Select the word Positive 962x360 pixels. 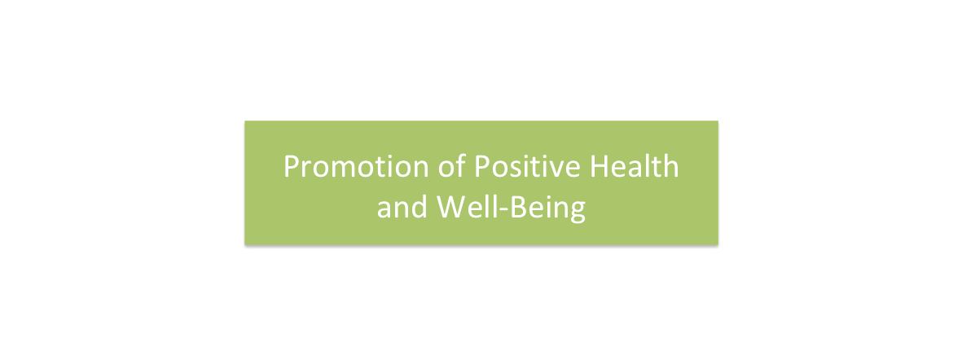(x=528, y=165)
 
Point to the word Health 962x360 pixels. (x=635, y=165)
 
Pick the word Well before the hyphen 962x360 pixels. (x=464, y=207)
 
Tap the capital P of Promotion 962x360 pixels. (x=292, y=166)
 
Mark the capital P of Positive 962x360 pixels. (x=483, y=166)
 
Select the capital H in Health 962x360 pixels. (x=599, y=166)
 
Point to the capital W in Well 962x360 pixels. (x=450, y=208)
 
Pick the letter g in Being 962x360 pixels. (x=578, y=213)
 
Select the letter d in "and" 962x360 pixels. (x=419, y=207)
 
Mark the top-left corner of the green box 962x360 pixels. (x=245, y=121)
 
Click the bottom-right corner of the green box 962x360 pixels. (x=718, y=244)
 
